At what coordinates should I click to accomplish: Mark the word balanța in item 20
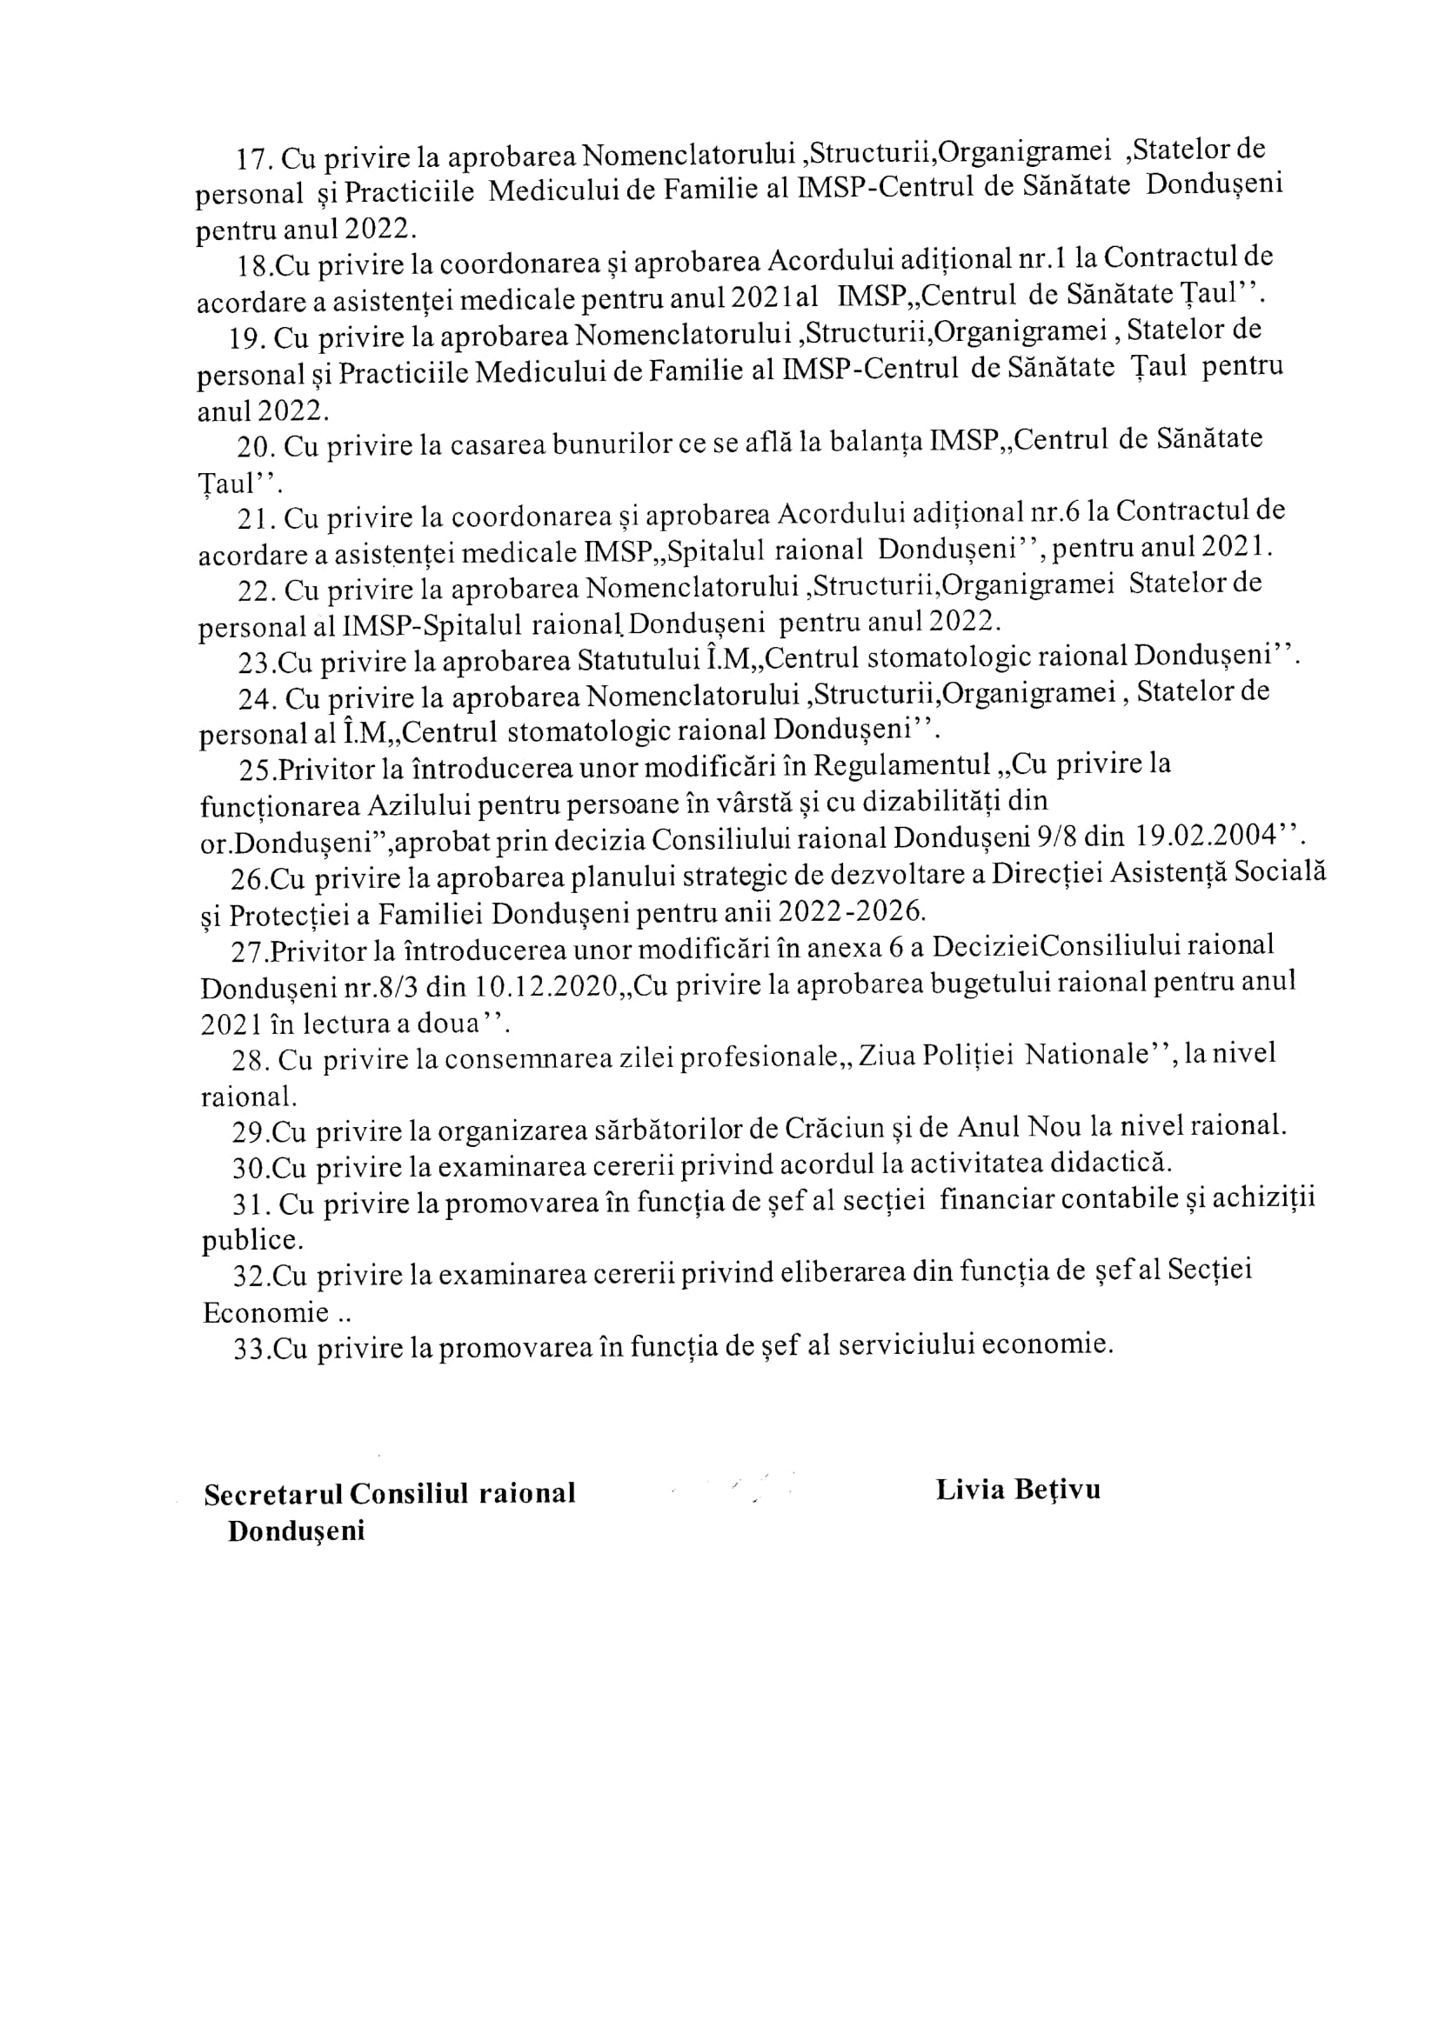876,442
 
